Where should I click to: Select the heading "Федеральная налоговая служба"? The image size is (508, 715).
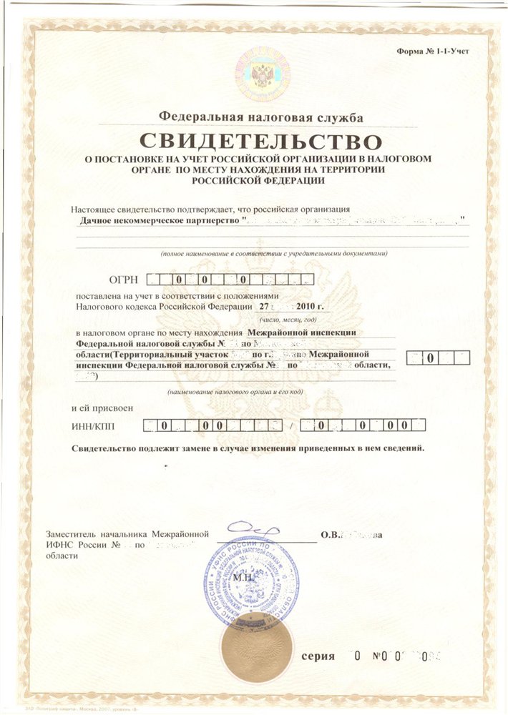pyautogui.click(x=261, y=117)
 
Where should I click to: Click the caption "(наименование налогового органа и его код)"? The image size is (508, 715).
pyautogui.click(x=236, y=393)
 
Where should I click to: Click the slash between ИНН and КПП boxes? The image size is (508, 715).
pyautogui.click(x=291, y=427)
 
